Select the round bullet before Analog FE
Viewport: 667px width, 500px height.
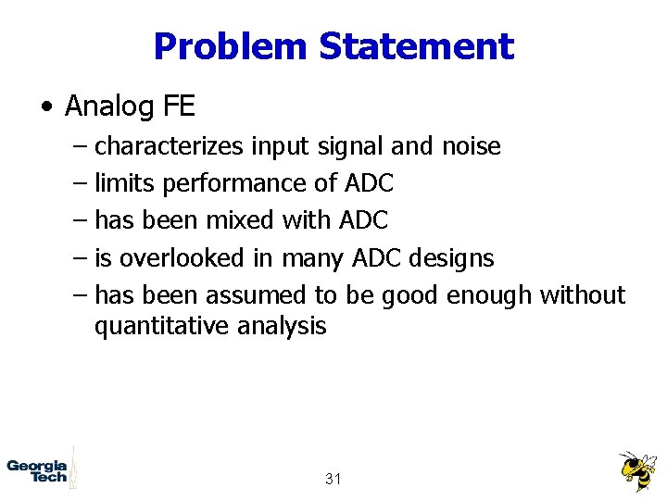pyautogui.click(x=46, y=108)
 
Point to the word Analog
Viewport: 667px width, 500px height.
pyautogui.click(x=109, y=106)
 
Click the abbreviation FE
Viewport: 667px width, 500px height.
pyautogui.click(x=179, y=106)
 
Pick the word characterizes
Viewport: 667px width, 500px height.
pyautogui.click(x=170, y=146)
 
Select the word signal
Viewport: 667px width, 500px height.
pyautogui.click(x=349, y=146)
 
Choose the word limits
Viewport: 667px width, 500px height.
pyautogui.click(x=125, y=183)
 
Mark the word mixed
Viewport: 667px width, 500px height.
pyautogui.click(x=240, y=220)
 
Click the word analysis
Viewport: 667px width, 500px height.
pyautogui.click(x=282, y=326)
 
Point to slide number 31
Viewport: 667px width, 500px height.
pyautogui.click(x=333, y=479)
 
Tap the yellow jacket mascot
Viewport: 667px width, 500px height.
pyautogui.click(x=636, y=471)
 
